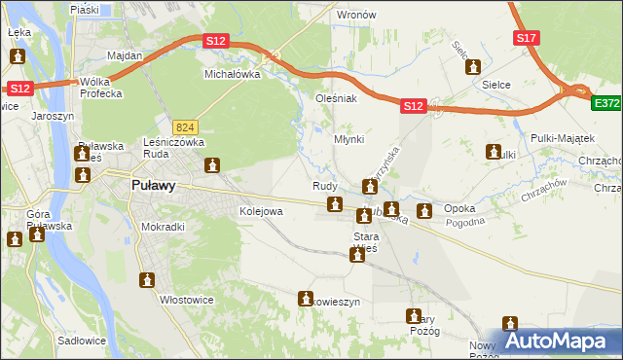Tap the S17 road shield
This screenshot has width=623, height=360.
(526, 37)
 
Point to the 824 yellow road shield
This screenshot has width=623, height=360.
(185, 126)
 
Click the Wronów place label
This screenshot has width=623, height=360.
(355, 16)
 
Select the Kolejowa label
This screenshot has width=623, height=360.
(261, 211)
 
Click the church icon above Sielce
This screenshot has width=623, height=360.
(474, 67)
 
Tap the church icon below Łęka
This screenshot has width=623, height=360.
(17, 57)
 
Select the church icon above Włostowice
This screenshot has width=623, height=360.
(147, 280)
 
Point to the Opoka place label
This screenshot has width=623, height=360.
(459, 209)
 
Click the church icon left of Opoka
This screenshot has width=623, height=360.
(424, 210)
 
